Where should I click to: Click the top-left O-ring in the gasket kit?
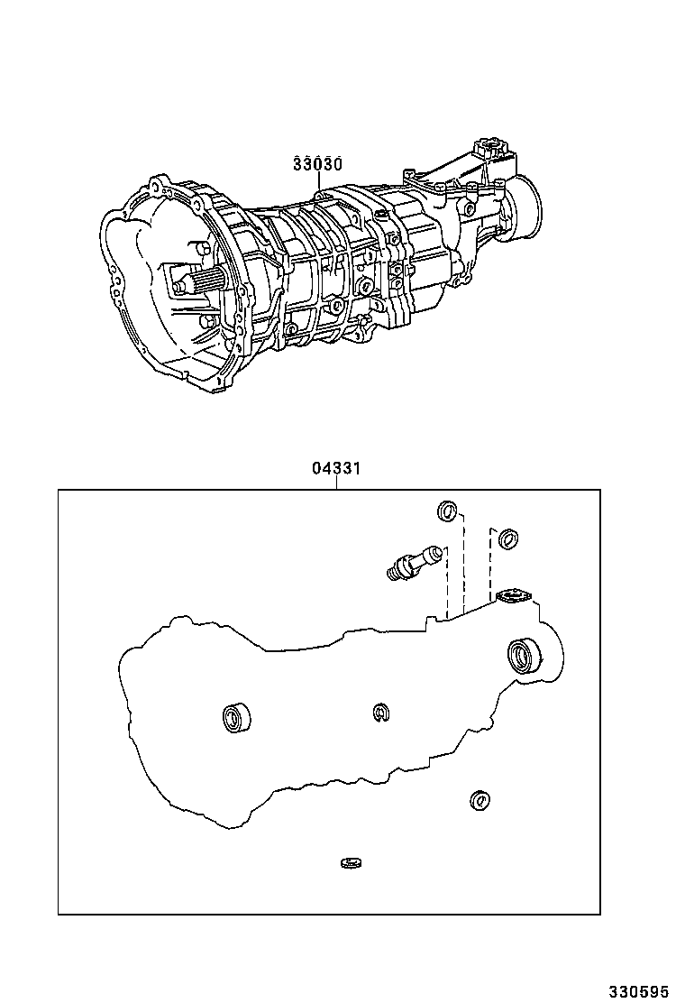(x=447, y=511)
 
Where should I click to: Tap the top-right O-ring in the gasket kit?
(x=508, y=539)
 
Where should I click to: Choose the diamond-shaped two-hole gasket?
(x=514, y=596)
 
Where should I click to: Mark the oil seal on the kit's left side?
(x=236, y=718)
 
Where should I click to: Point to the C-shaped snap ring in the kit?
(x=380, y=713)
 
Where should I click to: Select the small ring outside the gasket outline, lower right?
(x=479, y=799)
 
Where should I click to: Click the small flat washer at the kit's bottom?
(x=351, y=864)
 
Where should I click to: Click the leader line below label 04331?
(x=336, y=483)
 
